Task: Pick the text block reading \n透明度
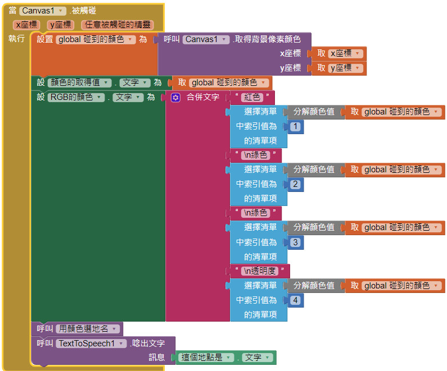click(x=261, y=271)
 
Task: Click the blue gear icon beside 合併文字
click(x=175, y=97)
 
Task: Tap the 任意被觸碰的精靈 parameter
click(x=117, y=25)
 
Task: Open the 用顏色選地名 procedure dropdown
click(x=87, y=329)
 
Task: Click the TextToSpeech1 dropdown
click(x=91, y=343)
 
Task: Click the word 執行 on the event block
click(x=16, y=39)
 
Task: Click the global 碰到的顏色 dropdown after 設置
click(x=96, y=39)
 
